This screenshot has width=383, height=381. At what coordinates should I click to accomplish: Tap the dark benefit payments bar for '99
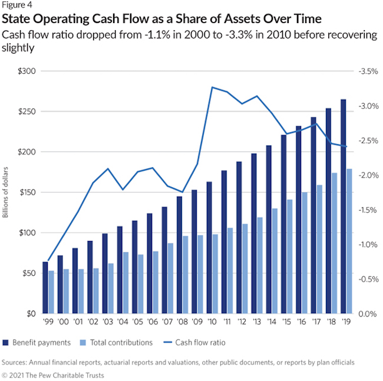[x=45, y=288]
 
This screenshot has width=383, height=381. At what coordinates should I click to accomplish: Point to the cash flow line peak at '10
[x=211, y=87]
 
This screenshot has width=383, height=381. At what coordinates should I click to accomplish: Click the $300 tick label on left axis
[x=27, y=71]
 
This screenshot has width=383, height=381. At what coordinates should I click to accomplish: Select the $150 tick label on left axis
[x=27, y=192]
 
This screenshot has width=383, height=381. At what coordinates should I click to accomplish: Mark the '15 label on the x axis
[x=286, y=325]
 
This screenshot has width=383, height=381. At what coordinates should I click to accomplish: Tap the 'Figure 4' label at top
[x=16, y=6]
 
